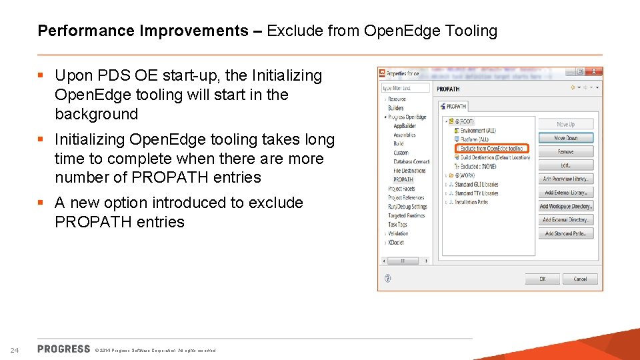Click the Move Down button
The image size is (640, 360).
(x=565, y=138)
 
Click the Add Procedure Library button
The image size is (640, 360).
(x=565, y=179)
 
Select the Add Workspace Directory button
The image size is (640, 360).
(x=565, y=206)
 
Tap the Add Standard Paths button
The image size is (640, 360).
(x=565, y=233)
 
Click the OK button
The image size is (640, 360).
(x=542, y=279)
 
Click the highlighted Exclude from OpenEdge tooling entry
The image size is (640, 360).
(x=492, y=149)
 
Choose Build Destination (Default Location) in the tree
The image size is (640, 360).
(x=495, y=158)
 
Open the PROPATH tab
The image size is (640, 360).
(x=454, y=106)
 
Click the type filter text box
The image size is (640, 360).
(x=405, y=88)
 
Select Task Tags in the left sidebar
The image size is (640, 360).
(x=398, y=225)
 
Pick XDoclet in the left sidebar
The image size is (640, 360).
(x=396, y=243)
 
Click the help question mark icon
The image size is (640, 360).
(x=387, y=279)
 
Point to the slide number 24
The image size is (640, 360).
(x=15, y=350)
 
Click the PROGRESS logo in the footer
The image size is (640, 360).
(x=64, y=349)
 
